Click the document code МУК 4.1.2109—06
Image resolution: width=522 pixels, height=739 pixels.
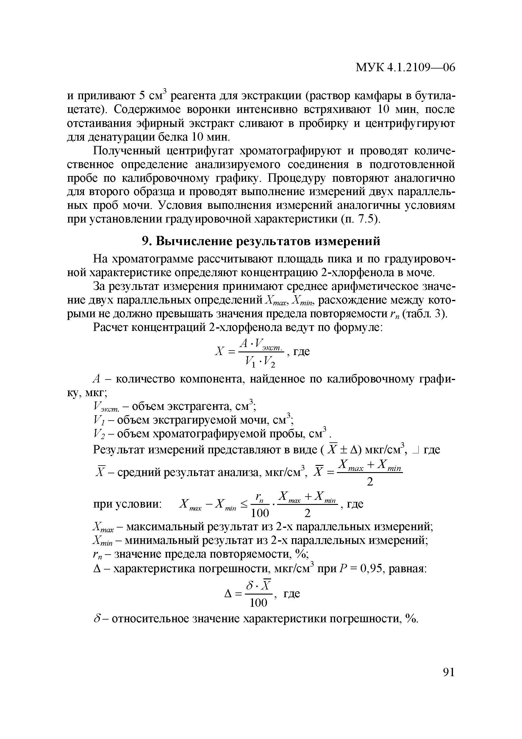(405, 68)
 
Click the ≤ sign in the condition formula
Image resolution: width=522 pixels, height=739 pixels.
(244, 504)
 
